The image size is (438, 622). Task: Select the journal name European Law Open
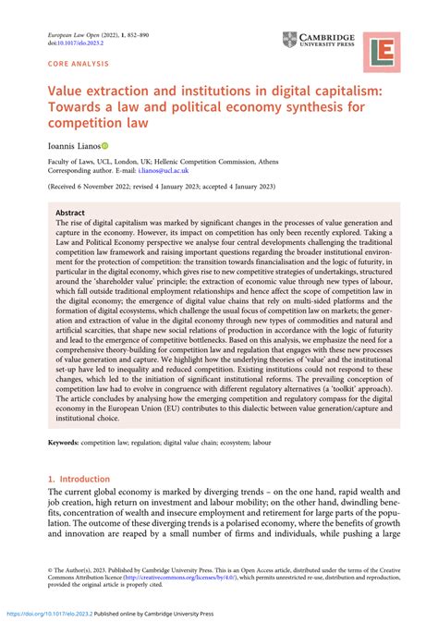coord(66,32)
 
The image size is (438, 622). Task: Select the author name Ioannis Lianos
coord(65,146)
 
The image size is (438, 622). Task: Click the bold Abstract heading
coord(70,212)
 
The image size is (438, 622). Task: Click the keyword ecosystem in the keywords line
coord(254,470)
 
